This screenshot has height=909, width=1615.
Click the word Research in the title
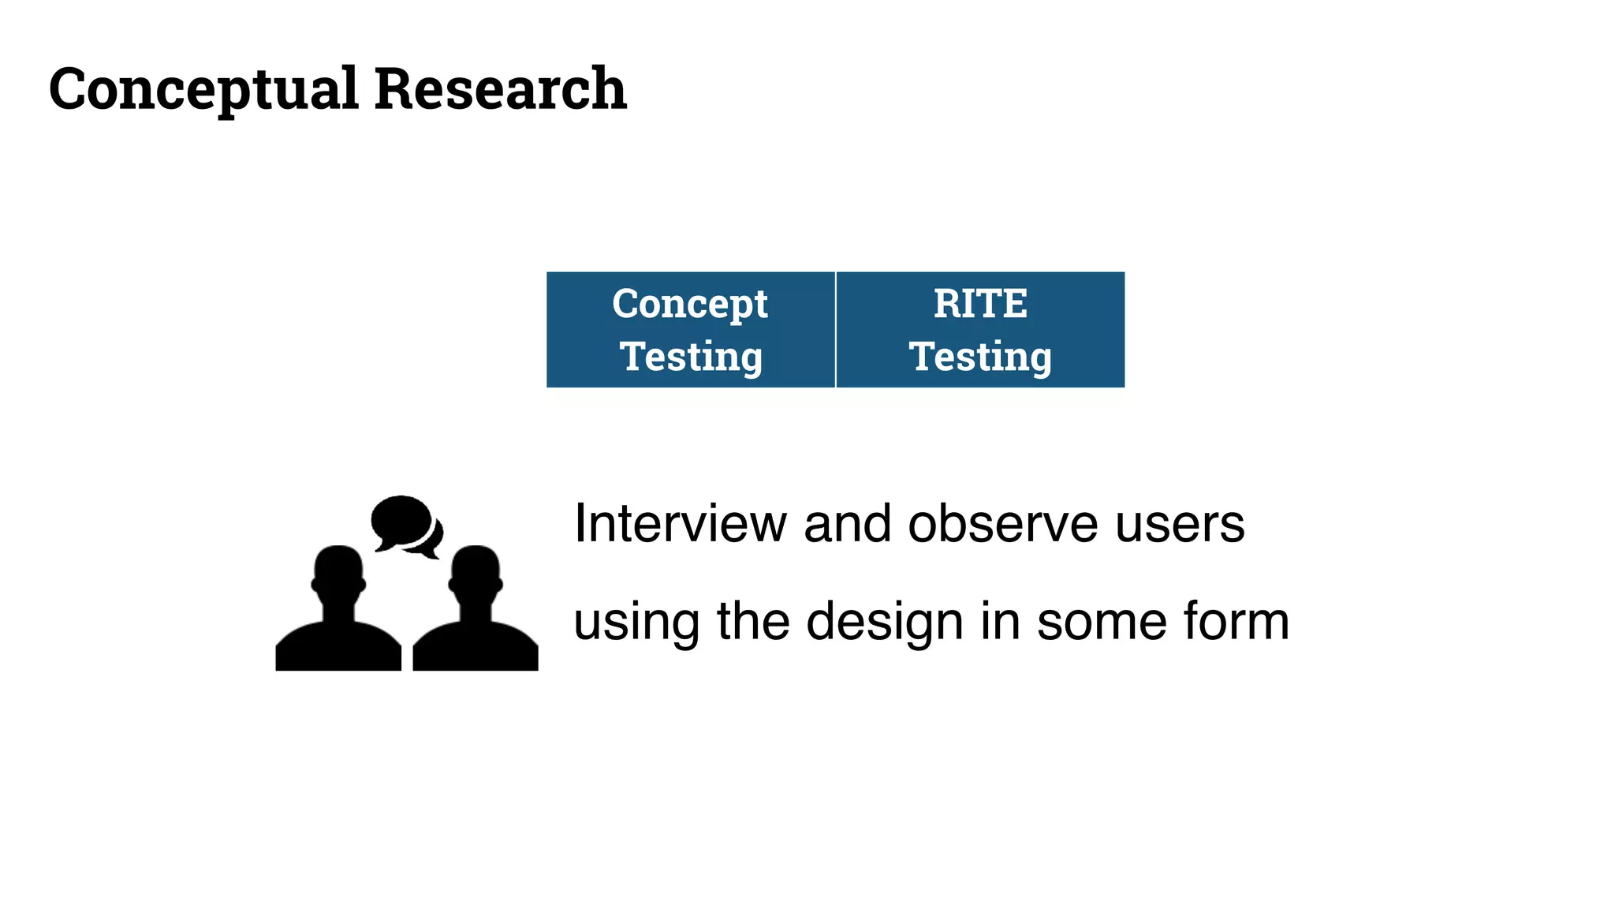(500, 88)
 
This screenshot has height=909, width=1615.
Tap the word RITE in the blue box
(980, 304)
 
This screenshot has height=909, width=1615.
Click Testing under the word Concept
(691, 357)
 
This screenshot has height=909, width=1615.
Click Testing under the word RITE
(980, 357)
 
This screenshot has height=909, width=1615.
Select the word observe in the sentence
(1002, 524)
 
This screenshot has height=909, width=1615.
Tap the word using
(636, 623)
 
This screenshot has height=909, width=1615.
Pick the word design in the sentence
(885, 623)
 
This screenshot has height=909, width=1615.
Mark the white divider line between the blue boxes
(835, 330)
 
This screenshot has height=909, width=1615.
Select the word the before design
(752, 621)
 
